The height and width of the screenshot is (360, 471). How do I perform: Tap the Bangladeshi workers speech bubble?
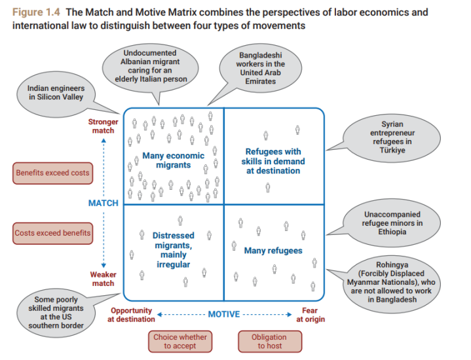(261, 68)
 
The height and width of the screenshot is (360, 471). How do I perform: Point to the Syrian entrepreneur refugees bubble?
(392, 137)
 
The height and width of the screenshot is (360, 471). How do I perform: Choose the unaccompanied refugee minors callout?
(392, 223)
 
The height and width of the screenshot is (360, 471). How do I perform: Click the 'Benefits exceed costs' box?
(52, 173)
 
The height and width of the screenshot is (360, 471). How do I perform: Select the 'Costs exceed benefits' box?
(52, 232)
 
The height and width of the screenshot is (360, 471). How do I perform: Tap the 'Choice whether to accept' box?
(179, 342)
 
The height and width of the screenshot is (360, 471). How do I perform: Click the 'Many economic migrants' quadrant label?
(173, 160)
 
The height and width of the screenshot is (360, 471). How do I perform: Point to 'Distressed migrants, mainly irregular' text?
(173, 249)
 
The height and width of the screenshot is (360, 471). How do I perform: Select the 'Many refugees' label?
(273, 251)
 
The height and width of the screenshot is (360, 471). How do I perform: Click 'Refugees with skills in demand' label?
(273, 161)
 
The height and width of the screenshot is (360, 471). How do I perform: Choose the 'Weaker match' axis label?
(103, 279)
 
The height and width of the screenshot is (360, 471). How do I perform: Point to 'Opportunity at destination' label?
(131, 315)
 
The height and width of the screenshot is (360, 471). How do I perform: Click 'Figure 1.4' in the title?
(35, 12)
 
